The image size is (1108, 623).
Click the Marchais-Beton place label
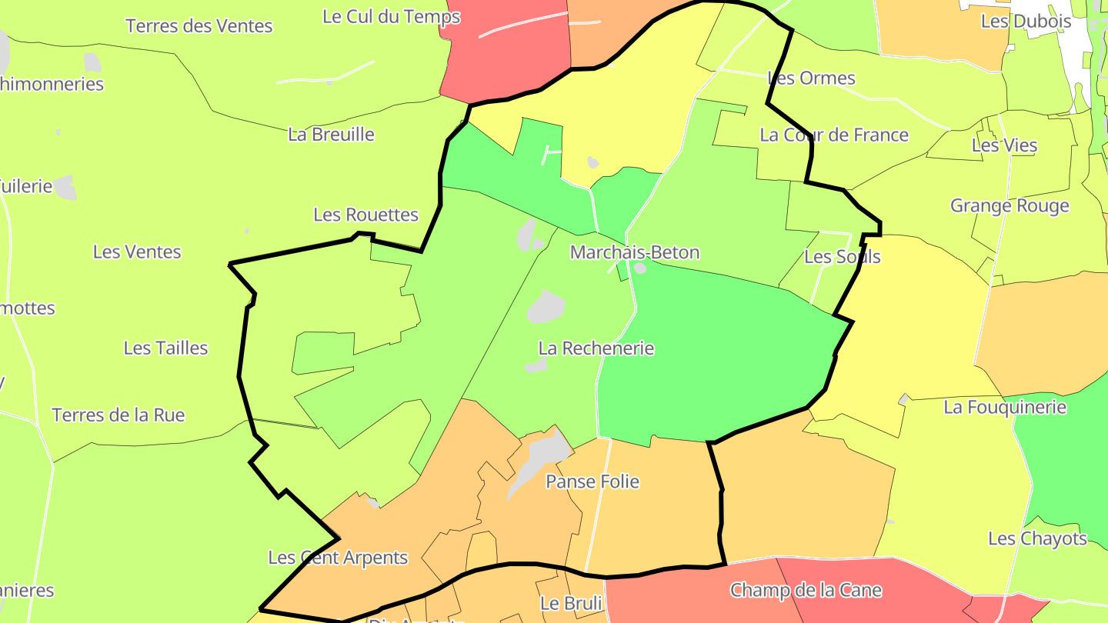tap(635, 252)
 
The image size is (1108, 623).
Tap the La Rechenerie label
tap(596, 348)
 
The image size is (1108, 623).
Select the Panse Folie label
tap(592, 481)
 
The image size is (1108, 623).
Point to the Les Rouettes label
tap(365, 215)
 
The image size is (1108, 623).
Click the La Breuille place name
tap(331, 135)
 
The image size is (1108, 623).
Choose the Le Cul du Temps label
tap(391, 17)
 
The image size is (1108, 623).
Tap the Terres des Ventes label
tap(199, 26)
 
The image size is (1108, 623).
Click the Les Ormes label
tap(812, 78)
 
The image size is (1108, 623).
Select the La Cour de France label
tap(834, 135)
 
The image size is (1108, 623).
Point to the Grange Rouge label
tap(1010, 206)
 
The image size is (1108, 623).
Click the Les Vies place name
tap(1005, 145)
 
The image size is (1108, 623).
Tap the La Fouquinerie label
tap(1005, 407)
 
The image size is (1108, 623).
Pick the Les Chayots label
tap(1037, 538)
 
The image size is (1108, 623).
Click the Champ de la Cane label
tap(806, 591)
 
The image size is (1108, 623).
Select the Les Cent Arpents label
tap(338, 558)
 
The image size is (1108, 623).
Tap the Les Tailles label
tap(166, 348)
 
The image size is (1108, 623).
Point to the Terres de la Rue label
tap(118, 415)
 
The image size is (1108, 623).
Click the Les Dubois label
tap(1026, 22)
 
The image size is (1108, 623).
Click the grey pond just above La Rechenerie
tap(546, 306)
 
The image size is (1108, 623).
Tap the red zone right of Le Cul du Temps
tap(516, 58)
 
